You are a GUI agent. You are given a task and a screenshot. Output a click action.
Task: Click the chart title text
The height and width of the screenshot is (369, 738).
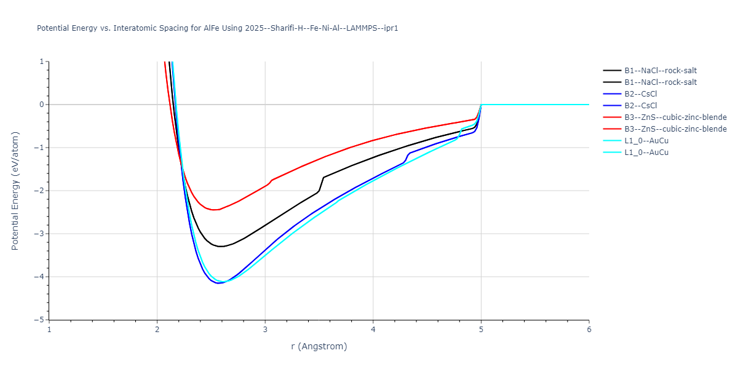tap(218, 28)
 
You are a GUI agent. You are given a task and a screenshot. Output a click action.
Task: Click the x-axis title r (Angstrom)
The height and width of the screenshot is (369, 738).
tap(319, 346)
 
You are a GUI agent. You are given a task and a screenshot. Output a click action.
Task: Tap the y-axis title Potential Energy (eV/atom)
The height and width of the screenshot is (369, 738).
tap(15, 191)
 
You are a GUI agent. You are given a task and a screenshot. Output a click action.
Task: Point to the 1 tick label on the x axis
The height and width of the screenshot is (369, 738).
tap(49, 329)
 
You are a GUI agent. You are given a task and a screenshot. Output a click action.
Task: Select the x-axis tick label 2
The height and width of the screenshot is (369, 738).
tap(157, 329)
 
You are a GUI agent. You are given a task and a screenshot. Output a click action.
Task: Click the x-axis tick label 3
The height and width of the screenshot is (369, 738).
tap(265, 329)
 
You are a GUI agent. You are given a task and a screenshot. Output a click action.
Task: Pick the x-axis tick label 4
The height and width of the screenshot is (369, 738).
tap(373, 329)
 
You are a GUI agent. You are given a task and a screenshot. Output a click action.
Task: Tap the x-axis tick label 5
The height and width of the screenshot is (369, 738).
tap(481, 329)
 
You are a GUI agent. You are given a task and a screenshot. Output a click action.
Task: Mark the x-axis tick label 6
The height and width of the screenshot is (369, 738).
tap(589, 329)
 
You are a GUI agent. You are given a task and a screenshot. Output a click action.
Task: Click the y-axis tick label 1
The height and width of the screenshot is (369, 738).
tap(41, 61)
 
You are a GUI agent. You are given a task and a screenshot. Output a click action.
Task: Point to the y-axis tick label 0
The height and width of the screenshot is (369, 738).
tap(41, 105)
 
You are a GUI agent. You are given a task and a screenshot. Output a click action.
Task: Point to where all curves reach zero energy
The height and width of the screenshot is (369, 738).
tap(482, 105)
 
